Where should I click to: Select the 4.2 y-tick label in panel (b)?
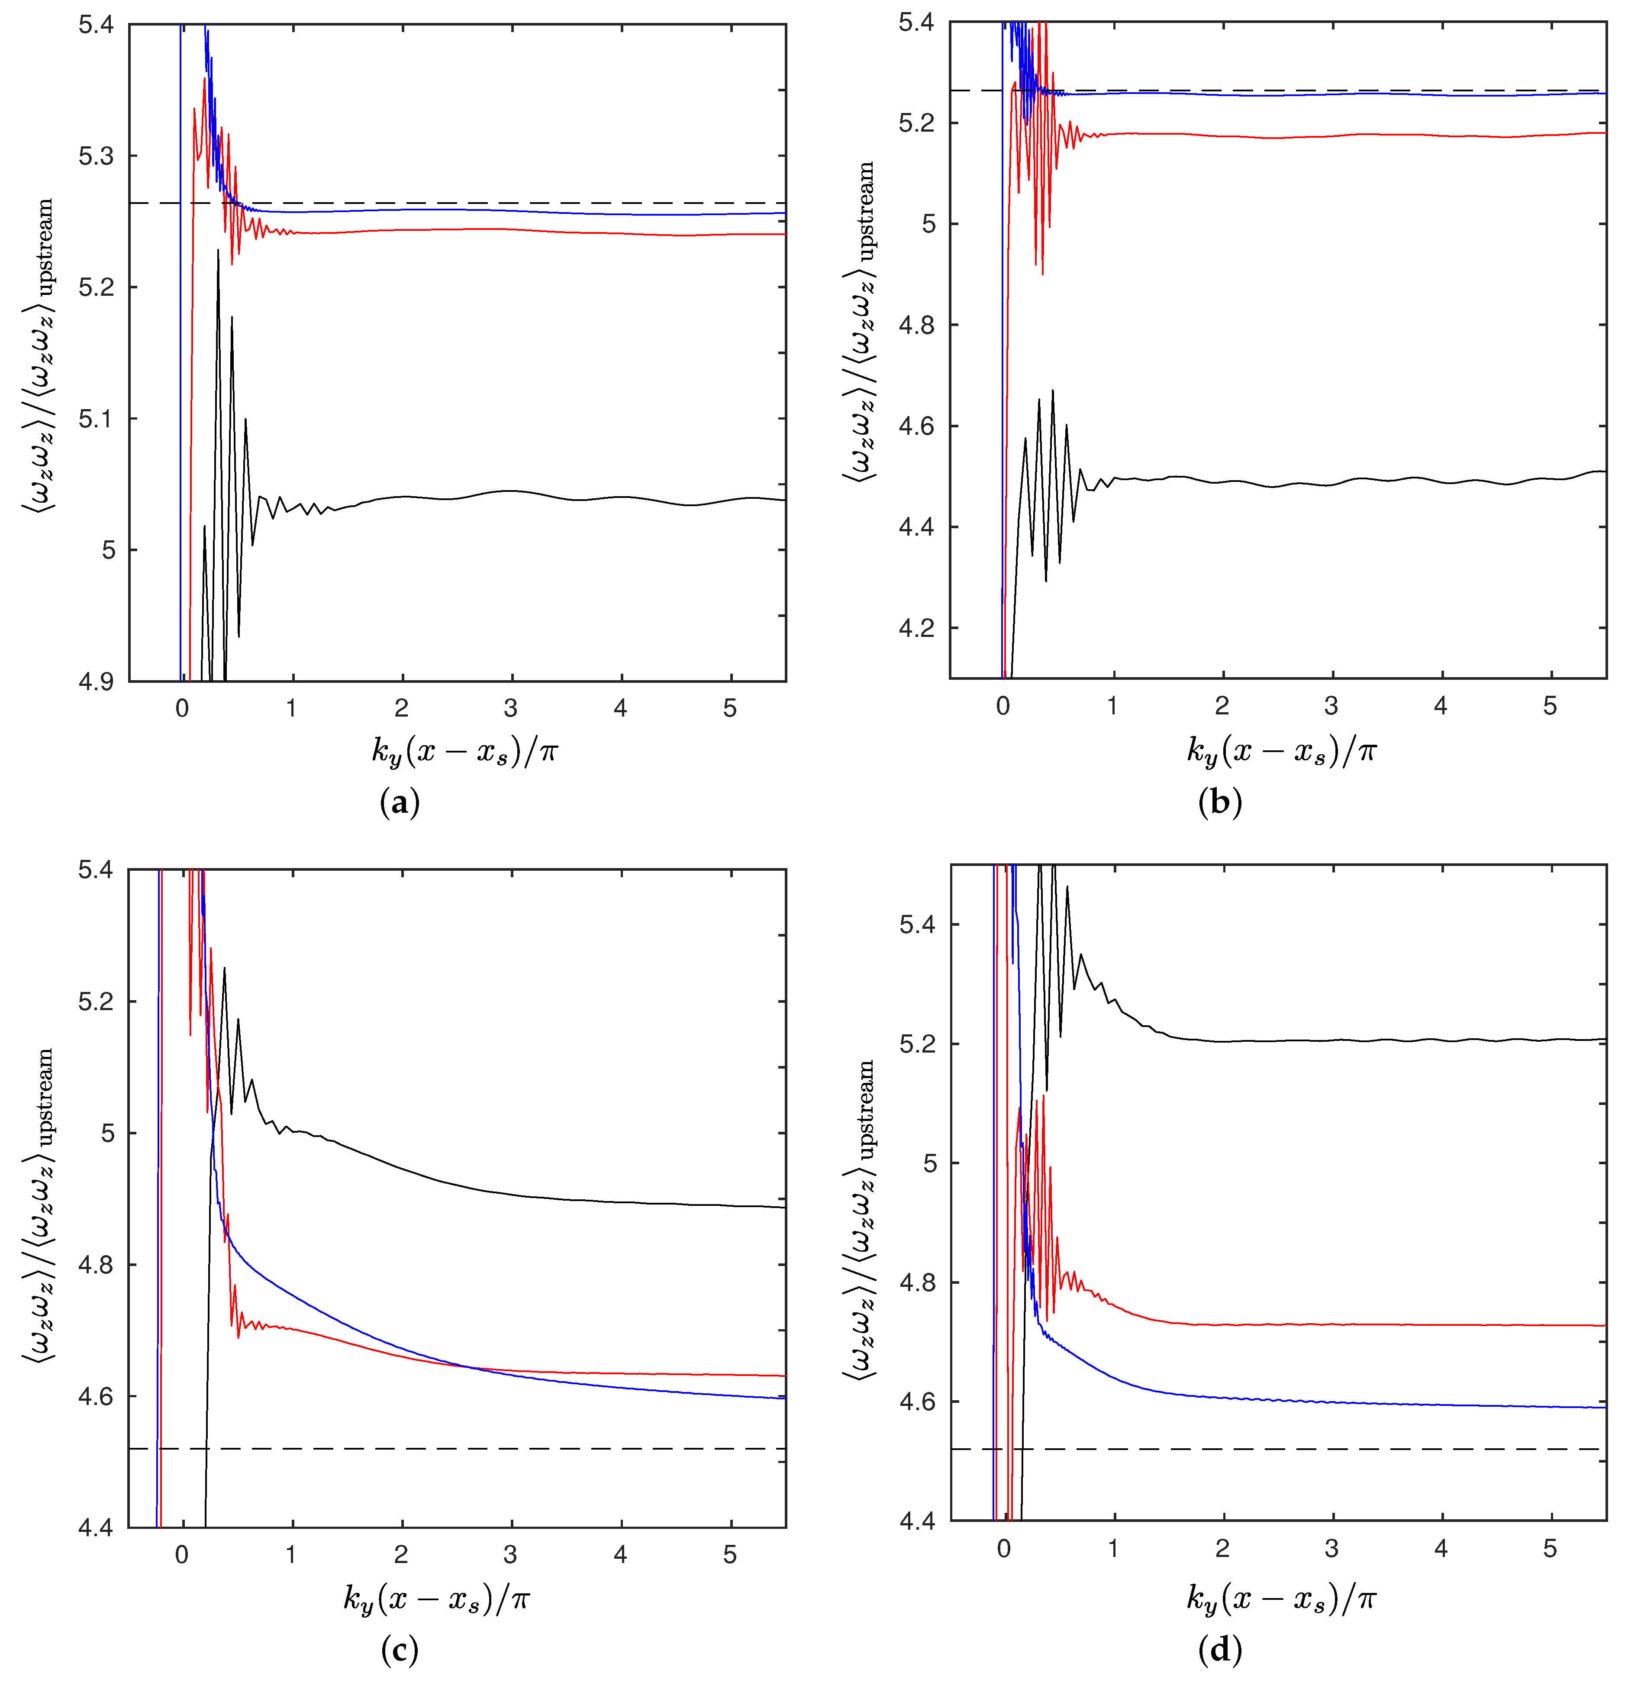[x=917, y=628]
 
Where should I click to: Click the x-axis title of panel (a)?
[x=464, y=752]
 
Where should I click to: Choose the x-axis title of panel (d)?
[x=1281, y=1598]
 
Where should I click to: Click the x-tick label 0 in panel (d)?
[x=1004, y=1549]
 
